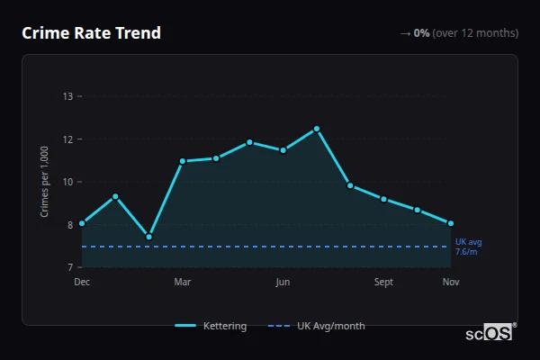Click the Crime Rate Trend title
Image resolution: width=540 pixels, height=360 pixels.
pos(91,33)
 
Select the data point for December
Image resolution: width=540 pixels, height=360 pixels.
pos(82,223)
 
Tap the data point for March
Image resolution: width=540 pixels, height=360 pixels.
pos(183,161)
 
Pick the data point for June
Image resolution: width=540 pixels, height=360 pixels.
pos(283,150)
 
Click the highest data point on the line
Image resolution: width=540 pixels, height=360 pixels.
pos(317,129)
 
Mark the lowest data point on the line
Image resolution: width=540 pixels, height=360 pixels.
pos(148,237)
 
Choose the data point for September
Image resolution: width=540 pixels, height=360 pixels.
pos(383,199)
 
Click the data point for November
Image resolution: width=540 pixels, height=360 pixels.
pos(451,223)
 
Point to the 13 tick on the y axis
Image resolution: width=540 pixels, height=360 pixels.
pos(67,96)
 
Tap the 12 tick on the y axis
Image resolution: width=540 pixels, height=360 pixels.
pos(67,139)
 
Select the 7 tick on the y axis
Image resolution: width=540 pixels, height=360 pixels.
pos(67,267)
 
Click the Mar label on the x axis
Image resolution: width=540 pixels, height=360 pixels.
pos(183,283)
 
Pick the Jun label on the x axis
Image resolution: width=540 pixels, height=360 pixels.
pos(283,283)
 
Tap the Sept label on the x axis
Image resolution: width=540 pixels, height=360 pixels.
pos(383,283)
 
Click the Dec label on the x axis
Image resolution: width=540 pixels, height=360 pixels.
pos(82,283)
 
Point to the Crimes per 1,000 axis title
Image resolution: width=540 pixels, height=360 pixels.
pos(45,182)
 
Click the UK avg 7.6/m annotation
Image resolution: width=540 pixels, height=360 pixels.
pos(468,247)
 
